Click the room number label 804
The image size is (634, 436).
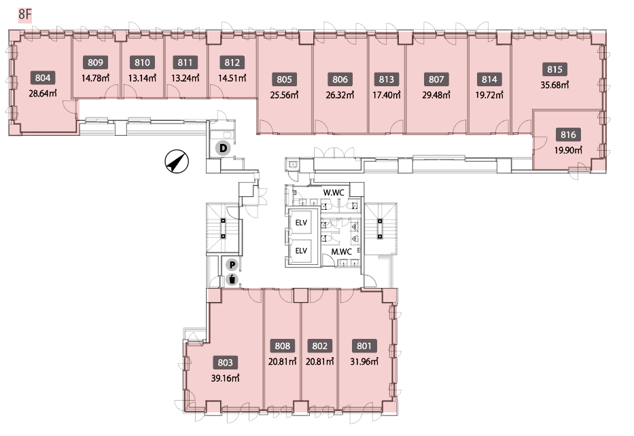point(42,78)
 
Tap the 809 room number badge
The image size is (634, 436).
point(95,62)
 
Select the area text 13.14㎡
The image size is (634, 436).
point(142,78)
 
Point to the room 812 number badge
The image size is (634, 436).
point(232,62)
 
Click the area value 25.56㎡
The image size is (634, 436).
point(284,95)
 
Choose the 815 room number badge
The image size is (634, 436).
point(554,69)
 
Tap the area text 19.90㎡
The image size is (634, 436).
point(568,150)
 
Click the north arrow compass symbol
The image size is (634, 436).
point(177,162)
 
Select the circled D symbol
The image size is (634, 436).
point(223,148)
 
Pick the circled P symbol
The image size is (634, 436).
point(232,265)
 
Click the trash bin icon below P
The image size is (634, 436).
point(232,279)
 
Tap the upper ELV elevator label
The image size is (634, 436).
point(301,222)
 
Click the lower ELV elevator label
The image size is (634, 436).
point(301,251)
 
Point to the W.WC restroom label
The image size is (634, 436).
point(334,192)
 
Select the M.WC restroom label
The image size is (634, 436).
point(342,251)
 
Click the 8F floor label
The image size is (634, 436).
point(24,15)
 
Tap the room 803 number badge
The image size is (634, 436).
point(225,363)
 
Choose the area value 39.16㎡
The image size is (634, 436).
point(225,379)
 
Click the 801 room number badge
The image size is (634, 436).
point(364,346)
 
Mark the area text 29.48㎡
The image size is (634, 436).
point(436,95)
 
